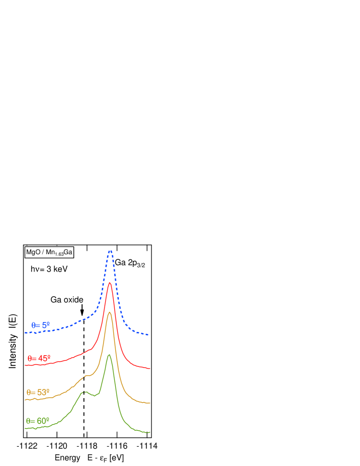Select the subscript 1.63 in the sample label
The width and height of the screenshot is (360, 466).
pos(59,254)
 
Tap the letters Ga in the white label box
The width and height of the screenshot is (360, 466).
pos(68,252)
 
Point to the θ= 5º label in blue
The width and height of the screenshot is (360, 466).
pos(41,325)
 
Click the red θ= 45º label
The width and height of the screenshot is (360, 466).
pos(39,358)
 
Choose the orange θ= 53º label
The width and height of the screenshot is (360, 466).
pos(38,393)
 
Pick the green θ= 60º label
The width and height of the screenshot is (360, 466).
pos(38,421)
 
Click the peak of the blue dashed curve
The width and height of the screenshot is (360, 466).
pos(110,251)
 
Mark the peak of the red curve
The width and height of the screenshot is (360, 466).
pos(110,283)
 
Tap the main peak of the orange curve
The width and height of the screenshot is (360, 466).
pos(109,312)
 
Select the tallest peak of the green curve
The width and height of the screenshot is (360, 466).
pos(109,355)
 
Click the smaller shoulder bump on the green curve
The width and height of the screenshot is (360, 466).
pos(84,392)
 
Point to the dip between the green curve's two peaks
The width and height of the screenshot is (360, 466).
pos(94,396)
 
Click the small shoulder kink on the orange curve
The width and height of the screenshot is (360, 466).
pos(86,376)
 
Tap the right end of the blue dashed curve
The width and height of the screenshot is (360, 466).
pos(148,334)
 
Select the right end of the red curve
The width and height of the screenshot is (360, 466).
pos(149,368)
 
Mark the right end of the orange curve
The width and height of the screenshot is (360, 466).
pos(149,403)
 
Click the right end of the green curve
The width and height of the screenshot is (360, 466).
pos(149,432)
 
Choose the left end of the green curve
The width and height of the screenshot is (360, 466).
pos(25,429)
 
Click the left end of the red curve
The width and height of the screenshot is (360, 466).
pos(25,365)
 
